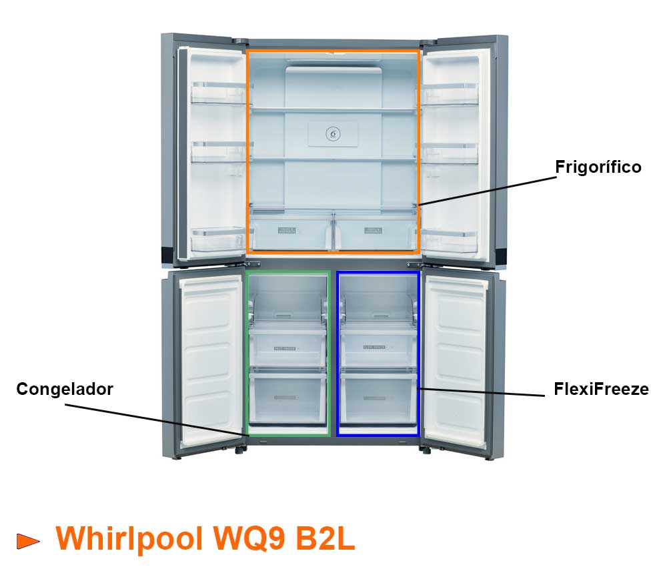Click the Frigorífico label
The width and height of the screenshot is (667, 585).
tap(598, 167)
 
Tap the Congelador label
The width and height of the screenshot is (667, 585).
tap(65, 389)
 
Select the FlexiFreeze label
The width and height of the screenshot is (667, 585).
tap(601, 389)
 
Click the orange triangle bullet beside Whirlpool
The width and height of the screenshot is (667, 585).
tap(28, 541)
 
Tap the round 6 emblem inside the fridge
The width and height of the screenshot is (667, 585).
tap(333, 134)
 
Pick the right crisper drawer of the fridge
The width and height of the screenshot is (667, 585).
tap(375, 231)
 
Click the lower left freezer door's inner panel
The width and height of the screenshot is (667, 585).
tap(211, 360)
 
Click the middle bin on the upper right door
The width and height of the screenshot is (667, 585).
tap(450, 151)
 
